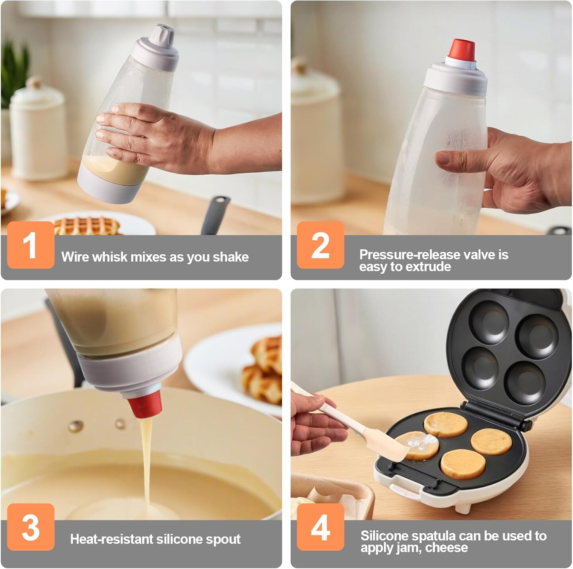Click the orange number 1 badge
click(x=31, y=245)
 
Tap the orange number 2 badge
click(x=320, y=245)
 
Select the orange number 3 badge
click(x=31, y=527)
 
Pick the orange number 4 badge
click(x=320, y=527)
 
